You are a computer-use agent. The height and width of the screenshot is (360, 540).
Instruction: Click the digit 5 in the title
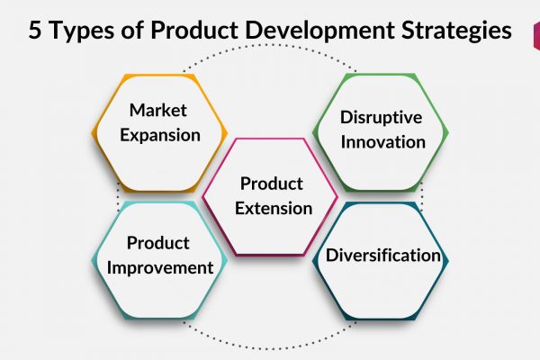(x=35, y=30)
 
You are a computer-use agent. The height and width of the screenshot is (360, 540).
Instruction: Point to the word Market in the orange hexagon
(x=158, y=110)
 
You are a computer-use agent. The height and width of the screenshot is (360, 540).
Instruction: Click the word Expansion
(x=160, y=135)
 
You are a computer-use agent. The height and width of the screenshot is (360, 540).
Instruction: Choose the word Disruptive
(x=382, y=118)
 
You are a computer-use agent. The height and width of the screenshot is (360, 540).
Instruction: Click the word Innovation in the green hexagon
(x=383, y=142)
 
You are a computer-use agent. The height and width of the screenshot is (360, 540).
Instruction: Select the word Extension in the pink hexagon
(x=274, y=209)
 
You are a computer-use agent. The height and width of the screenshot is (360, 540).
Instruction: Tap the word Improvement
(x=160, y=268)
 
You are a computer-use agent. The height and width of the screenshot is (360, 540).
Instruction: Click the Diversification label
(x=383, y=256)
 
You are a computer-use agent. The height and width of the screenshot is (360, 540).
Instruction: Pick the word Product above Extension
(x=272, y=184)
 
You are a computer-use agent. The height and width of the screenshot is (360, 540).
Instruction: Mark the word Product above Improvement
(x=158, y=243)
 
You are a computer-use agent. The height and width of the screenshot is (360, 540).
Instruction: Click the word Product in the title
(x=194, y=30)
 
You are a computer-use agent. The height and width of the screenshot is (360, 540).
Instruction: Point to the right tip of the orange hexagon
(x=227, y=132)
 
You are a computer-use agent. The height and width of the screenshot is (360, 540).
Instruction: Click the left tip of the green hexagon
(x=312, y=133)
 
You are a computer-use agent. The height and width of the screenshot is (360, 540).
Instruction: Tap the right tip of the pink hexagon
(x=337, y=197)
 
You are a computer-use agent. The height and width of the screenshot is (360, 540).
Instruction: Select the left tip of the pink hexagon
(x=202, y=197)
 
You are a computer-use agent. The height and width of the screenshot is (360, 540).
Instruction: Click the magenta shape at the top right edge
(x=536, y=36)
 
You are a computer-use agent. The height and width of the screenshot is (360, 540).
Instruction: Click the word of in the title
(x=132, y=30)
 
